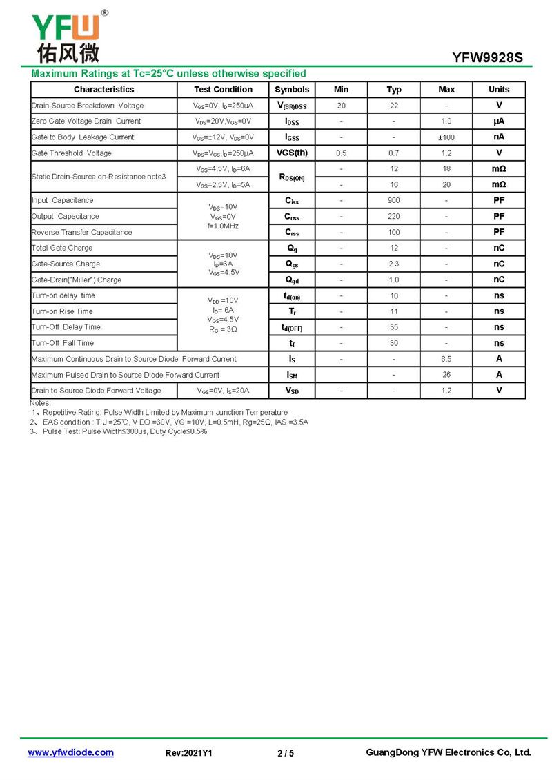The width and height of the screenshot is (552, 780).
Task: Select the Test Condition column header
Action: pos(223,90)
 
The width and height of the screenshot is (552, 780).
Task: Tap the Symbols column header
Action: pos(292,90)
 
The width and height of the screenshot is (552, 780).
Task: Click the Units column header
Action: pos(498,90)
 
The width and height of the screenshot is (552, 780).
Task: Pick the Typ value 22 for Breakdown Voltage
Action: pos(393,106)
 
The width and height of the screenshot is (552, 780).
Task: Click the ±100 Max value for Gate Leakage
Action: pos(446,137)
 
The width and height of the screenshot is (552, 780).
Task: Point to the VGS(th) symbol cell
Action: pos(292,153)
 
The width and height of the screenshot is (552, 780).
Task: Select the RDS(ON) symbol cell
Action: pos(292,177)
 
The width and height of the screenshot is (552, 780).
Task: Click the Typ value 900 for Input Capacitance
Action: pos(393,201)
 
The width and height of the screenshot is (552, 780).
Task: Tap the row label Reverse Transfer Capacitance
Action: pos(81,233)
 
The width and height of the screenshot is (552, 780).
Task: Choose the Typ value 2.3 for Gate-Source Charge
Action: pos(393,264)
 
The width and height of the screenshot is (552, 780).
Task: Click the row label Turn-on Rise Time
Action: pos(62,312)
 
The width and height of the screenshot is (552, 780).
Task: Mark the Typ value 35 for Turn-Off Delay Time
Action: pos(393,327)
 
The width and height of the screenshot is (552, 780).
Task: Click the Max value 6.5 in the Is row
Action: pos(446,359)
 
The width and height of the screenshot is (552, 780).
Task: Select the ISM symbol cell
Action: pos(292,375)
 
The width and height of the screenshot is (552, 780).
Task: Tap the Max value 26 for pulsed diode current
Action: pos(446,375)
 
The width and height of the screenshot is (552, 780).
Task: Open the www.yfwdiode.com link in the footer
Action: pos(70,752)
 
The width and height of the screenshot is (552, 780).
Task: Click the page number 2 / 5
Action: pos(285,753)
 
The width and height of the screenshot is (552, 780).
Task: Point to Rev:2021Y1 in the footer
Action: pos(188,753)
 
